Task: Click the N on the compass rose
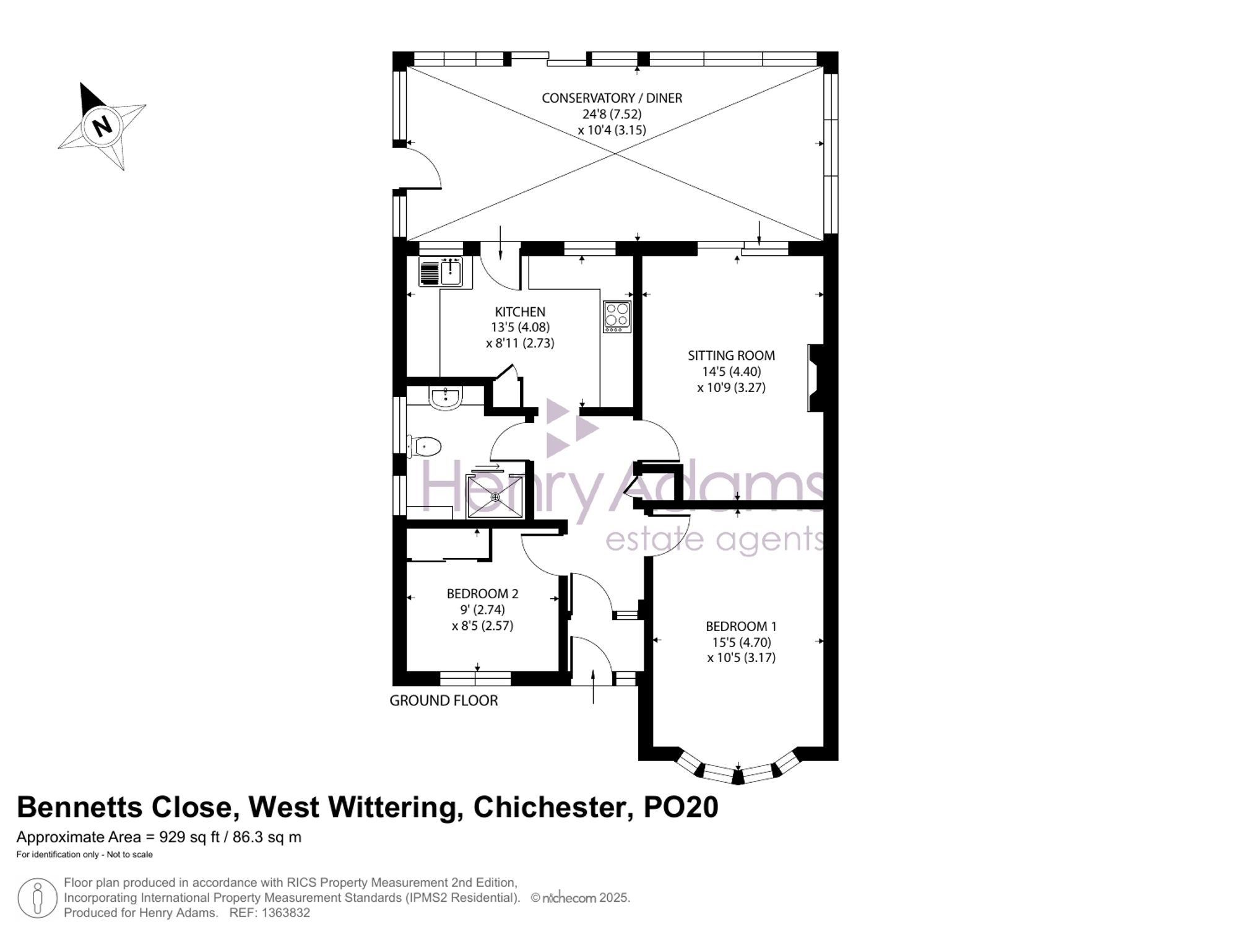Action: [x=102, y=126]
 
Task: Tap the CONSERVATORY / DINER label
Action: [x=612, y=98]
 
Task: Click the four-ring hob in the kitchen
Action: [x=617, y=316]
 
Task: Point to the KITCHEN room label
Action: [x=520, y=312]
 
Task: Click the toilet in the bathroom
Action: [x=424, y=446]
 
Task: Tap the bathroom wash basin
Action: [x=446, y=398]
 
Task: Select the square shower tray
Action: [x=495, y=497]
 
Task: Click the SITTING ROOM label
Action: [x=731, y=355]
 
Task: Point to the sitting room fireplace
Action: [x=816, y=378]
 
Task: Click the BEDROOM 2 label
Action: [x=483, y=593]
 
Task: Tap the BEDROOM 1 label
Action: [x=741, y=626]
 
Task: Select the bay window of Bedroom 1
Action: [x=737, y=770]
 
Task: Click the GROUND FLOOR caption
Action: [x=444, y=700]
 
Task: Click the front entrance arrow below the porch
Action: [x=593, y=686]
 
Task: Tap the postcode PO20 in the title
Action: [x=681, y=808]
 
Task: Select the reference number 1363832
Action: [x=286, y=913]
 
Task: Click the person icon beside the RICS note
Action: [x=38, y=898]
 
